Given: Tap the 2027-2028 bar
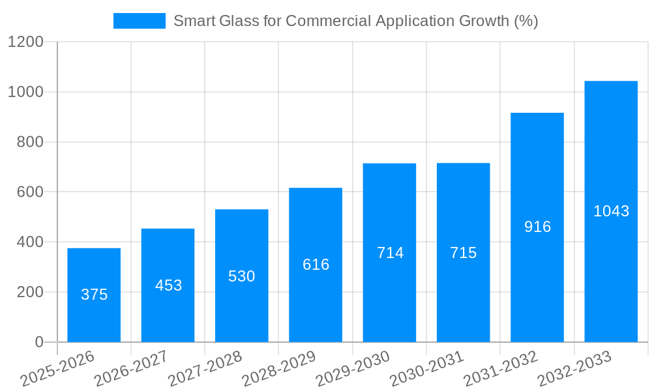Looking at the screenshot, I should coord(241,306).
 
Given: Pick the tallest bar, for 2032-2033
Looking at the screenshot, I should coord(611,274).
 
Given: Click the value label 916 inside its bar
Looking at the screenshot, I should coord(537,227).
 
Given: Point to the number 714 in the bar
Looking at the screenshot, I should coord(390,253).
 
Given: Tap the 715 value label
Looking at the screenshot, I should coord(464,253).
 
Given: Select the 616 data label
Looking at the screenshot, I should coord(316,265).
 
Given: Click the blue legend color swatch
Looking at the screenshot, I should coord(139,21).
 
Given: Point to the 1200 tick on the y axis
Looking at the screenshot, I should coord(25,42).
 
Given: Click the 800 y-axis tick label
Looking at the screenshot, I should coord(30,142).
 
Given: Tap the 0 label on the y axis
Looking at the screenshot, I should coord(38,342).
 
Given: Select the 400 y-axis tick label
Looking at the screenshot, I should coord(30,242).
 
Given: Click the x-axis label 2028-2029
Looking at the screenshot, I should coord(280,369).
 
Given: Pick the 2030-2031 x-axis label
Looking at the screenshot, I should coord(428,369).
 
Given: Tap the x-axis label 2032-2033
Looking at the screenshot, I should coord(575,369).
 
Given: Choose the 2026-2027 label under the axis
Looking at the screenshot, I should coord(132,369).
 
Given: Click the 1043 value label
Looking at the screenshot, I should coord(611,211).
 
